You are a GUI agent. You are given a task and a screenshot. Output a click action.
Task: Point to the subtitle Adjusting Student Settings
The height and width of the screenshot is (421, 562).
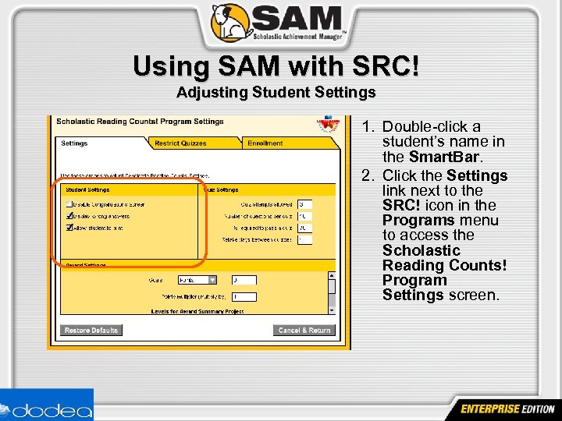click(276, 93)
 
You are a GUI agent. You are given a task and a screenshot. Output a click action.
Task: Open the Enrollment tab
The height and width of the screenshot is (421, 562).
click(265, 143)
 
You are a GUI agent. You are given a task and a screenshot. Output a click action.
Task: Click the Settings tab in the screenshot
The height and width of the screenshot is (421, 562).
click(75, 143)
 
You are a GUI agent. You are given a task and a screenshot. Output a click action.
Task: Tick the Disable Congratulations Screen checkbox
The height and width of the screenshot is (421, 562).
click(69, 204)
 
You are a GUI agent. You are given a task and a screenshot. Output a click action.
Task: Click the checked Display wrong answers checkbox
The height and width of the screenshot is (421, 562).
click(69, 216)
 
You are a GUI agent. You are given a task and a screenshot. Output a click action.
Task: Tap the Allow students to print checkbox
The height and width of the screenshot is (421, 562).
click(69, 228)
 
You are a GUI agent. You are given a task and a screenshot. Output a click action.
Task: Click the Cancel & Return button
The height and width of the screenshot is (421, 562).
click(304, 331)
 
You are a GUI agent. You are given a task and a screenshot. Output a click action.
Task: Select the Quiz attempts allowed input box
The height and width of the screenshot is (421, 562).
click(304, 204)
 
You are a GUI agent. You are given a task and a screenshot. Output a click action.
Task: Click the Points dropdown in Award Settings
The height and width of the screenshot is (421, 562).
click(197, 280)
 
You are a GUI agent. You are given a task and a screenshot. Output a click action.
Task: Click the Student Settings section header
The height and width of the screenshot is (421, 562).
click(87, 189)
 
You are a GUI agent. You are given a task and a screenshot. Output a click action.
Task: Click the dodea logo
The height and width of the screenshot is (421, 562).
click(47, 407)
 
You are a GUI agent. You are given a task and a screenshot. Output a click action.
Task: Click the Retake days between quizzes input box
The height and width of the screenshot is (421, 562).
click(304, 240)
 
